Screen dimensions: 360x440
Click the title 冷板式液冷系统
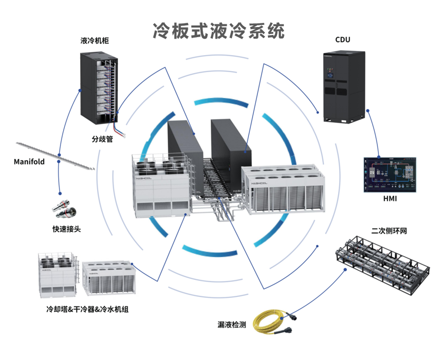(219, 30)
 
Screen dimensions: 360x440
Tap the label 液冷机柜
(95, 40)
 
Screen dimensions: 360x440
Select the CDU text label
(343, 40)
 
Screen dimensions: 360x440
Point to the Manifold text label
(29, 162)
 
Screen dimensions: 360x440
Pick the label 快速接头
(66, 229)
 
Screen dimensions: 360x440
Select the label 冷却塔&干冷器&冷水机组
(88, 309)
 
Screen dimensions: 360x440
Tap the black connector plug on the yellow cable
(290, 318)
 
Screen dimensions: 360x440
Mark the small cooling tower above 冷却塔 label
(57, 274)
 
